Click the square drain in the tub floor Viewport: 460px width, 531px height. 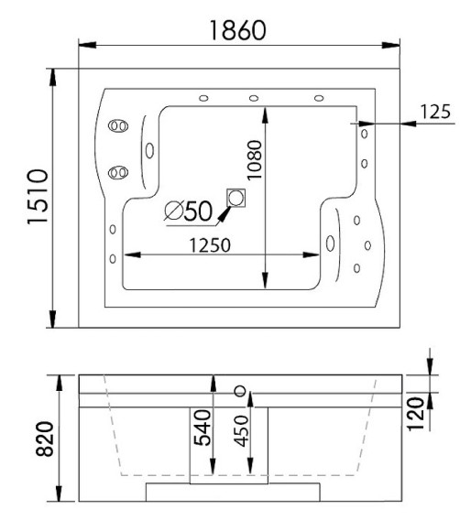(x=236, y=198)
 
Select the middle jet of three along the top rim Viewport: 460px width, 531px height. (x=252, y=99)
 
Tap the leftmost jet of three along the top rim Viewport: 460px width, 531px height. (x=203, y=99)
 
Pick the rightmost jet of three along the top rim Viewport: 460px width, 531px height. (x=319, y=99)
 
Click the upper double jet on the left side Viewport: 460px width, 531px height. (x=118, y=126)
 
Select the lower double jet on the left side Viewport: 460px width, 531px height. (x=118, y=171)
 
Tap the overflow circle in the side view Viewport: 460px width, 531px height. (x=241, y=391)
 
